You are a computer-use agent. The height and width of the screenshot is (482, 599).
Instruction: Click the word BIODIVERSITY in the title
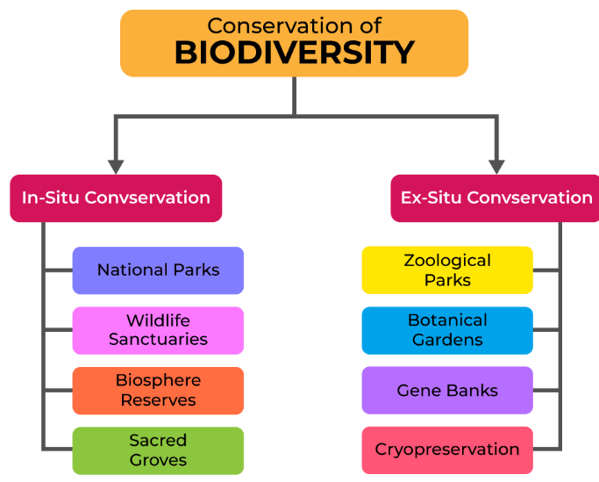coord(294,53)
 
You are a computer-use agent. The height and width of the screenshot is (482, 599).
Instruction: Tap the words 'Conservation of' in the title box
coord(294,25)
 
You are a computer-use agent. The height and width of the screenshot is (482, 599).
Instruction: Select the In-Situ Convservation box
coord(116,198)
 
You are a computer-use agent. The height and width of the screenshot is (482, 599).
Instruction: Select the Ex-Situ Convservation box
coord(496,198)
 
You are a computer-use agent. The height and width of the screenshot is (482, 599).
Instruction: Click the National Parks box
coord(158,270)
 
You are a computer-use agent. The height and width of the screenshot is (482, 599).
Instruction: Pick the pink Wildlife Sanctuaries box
coord(158,330)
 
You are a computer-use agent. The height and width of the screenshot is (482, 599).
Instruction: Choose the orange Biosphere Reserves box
coord(158,391)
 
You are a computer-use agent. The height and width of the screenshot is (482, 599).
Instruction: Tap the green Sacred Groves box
coord(158,450)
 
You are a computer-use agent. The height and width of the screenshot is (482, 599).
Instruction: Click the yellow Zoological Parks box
coord(447,270)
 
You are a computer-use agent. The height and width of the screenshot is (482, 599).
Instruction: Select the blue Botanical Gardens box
coord(447,330)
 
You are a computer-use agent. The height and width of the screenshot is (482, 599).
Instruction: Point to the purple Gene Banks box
coord(447,390)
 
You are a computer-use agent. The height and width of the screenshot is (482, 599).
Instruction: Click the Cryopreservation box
coord(447,450)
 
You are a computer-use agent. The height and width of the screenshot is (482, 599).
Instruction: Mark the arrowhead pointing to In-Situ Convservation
coord(116,167)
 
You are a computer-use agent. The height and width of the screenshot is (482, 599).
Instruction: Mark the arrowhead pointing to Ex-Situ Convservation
coord(496,167)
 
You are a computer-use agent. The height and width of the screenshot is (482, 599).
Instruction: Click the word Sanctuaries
coord(158,339)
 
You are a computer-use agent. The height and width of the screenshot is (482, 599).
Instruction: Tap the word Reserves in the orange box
coord(158,400)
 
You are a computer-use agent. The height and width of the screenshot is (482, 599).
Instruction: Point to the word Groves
coord(158,460)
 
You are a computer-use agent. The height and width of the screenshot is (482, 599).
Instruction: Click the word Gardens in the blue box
coord(447,340)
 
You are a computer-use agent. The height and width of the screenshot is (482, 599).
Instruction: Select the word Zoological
coord(447,261)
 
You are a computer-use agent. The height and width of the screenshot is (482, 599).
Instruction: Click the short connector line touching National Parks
coord(59,270)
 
